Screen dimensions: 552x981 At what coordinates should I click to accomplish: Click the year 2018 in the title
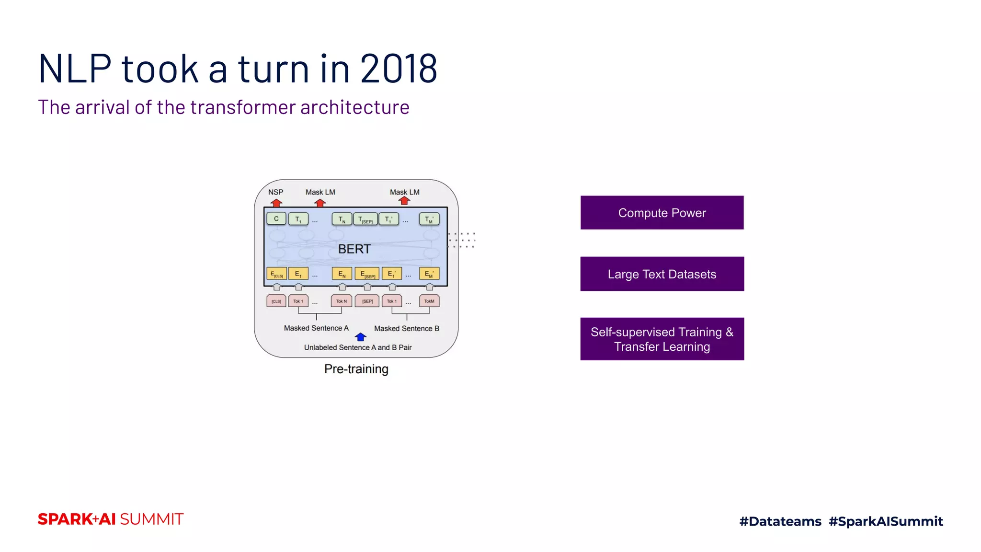tap(399, 69)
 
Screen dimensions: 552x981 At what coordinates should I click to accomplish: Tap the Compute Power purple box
tap(662, 213)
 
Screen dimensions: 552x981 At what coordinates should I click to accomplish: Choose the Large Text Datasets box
tap(662, 274)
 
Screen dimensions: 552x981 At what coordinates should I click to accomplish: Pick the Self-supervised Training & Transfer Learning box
tap(662, 339)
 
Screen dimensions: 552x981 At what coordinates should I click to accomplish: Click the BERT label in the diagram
tap(354, 249)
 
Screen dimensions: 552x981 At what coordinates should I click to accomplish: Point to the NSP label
tap(275, 192)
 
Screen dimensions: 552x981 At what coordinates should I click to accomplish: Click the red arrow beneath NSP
tap(276, 203)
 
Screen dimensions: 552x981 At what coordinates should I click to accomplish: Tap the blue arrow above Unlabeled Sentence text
tap(361, 337)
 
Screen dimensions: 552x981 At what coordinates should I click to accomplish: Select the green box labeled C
tap(276, 219)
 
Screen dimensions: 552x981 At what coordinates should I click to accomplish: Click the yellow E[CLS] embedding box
tap(276, 274)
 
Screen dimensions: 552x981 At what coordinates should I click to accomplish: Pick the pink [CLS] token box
tap(276, 301)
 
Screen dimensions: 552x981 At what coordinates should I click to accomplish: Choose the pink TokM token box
tap(429, 301)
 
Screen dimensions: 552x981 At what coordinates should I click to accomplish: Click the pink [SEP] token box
tap(367, 301)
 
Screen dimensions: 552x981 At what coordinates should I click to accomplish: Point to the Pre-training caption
tap(356, 369)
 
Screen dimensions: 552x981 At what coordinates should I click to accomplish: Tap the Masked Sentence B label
tap(406, 329)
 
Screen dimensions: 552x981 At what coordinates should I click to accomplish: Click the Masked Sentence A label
tap(316, 328)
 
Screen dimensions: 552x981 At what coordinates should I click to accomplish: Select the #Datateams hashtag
tap(780, 521)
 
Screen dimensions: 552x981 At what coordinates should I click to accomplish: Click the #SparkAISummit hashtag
tap(886, 521)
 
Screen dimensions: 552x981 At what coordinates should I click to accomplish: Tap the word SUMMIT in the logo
tap(151, 519)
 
